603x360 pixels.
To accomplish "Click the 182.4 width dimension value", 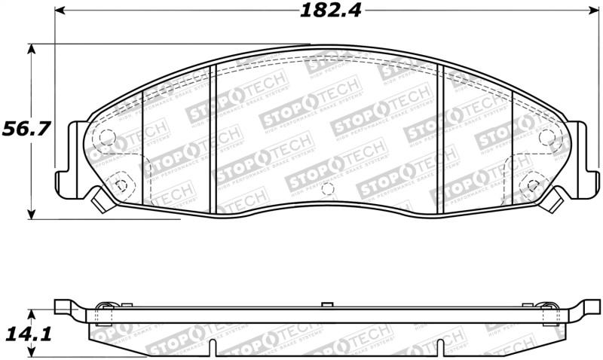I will (320, 11).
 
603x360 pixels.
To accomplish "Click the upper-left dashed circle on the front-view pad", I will (107, 139).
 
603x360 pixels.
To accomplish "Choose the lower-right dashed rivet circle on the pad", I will (532, 183).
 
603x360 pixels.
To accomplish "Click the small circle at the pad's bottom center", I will (326, 190).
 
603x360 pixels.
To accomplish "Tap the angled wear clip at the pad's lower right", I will (555, 200).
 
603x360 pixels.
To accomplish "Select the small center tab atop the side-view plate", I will (326, 304).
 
